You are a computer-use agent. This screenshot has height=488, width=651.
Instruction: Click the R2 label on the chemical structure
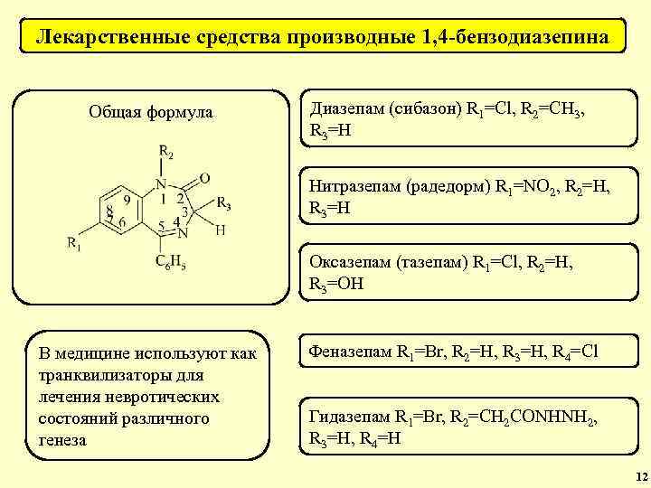pyautogui.click(x=166, y=151)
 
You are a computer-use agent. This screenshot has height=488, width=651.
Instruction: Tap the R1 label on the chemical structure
pyautogui.click(x=76, y=242)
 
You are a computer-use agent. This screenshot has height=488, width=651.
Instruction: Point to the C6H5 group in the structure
pyautogui.click(x=171, y=263)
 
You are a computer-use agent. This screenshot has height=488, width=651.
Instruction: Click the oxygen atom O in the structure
pyautogui.click(x=204, y=178)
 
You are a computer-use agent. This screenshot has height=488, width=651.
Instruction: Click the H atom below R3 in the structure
pyautogui.click(x=221, y=230)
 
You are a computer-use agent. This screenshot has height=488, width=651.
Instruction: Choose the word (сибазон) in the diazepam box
pyautogui.click(x=424, y=108)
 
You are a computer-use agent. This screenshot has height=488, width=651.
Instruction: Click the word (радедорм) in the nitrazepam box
pyautogui.click(x=448, y=187)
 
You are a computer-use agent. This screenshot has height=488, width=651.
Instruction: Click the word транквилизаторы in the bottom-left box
pyautogui.click(x=100, y=374)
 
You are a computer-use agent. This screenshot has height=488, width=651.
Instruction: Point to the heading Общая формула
pyautogui.click(x=151, y=112)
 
